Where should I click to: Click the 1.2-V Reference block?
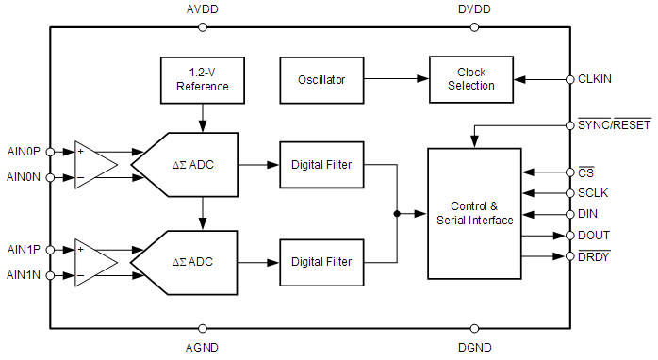[x=203, y=80]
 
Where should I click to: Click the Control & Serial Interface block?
[x=474, y=213]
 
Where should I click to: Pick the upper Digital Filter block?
[x=321, y=165]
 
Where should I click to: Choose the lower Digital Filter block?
[x=321, y=261]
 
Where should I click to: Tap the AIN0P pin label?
[x=23, y=151]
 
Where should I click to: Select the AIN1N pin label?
[x=23, y=276]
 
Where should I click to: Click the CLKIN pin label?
[x=595, y=79]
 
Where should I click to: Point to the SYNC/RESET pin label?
[x=614, y=124]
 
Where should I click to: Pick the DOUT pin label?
[x=594, y=235]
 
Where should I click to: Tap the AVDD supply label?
[x=204, y=9]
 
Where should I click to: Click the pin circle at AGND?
[x=204, y=329]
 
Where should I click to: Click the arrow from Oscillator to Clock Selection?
[x=396, y=80]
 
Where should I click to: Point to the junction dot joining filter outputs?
[x=397, y=214]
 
